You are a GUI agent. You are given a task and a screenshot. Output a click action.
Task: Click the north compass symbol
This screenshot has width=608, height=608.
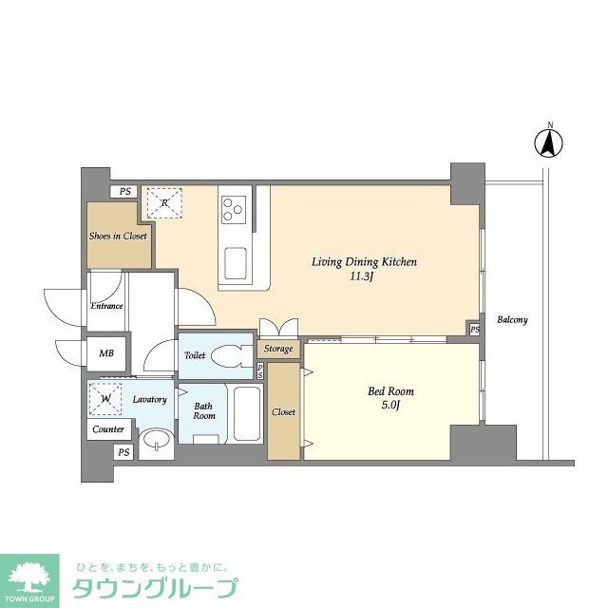pos(549,142)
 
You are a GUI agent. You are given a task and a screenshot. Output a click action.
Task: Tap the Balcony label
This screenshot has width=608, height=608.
pos(512,320)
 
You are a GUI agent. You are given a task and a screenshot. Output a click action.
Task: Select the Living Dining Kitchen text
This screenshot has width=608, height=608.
pos(366,262)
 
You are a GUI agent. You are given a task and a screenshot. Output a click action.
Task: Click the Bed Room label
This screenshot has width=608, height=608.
pos(390,391)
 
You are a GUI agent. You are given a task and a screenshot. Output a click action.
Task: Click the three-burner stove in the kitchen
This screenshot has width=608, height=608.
pos(233,208)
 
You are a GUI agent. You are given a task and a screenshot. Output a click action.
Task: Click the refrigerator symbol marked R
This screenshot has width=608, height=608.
pos(164,202)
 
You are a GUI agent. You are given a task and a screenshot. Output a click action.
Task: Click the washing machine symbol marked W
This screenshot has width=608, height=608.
pos(104,399)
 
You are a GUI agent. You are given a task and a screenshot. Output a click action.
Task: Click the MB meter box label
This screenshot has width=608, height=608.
pos(107,354)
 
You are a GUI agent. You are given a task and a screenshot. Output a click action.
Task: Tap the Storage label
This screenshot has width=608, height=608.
pos(278,349)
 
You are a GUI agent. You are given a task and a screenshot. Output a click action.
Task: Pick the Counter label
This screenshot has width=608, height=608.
pos(108,429)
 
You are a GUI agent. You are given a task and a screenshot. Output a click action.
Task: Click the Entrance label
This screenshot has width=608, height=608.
pos(106,306)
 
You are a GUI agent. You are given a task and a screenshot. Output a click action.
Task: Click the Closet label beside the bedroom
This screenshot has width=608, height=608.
pos(283,412)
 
